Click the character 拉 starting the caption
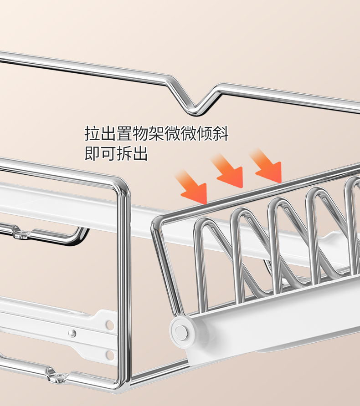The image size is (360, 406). [93, 134]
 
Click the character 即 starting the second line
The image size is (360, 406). [93, 153]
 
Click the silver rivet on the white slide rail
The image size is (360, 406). [72, 334]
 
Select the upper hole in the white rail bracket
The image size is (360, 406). [109, 325]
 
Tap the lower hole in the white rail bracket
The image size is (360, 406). [109, 354]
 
